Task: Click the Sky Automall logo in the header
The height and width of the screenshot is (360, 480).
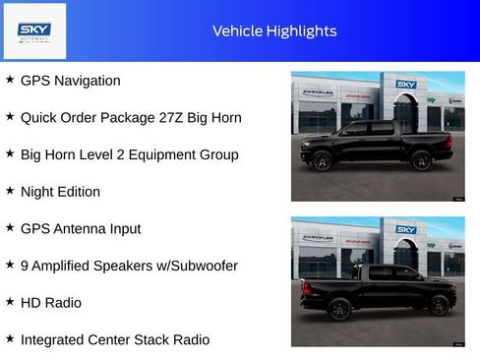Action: click(x=34, y=31)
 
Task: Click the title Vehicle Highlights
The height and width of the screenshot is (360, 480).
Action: click(x=274, y=31)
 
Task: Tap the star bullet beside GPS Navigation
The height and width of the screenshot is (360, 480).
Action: click(x=10, y=80)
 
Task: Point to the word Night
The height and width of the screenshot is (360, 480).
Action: click(x=38, y=192)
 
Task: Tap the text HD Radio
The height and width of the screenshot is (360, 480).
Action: click(x=51, y=303)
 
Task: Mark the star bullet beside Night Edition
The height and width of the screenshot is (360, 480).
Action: click(x=10, y=191)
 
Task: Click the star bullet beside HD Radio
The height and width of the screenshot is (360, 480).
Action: click(x=10, y=302)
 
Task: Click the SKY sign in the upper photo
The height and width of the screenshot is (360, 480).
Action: click(x=406, y=85)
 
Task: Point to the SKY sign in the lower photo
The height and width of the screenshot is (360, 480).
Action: click(x=406, y=230)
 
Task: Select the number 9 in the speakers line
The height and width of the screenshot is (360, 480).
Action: click(x=25, y=266)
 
